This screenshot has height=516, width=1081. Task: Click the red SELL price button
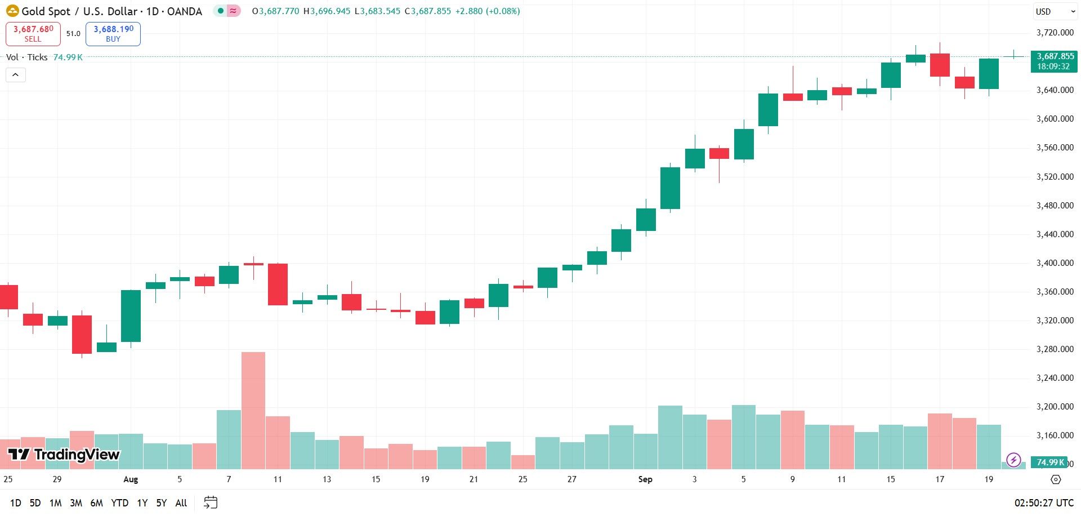[x=33, y=34]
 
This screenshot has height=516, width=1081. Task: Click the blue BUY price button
[x=113, y=34]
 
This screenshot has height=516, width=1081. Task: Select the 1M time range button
[x=55, y=502]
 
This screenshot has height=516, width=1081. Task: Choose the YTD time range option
[x=119, y=502]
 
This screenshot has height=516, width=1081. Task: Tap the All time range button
[x=181, y=502]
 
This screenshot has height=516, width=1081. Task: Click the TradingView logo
[x=64, y=455]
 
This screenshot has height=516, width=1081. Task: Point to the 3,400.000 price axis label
[x=1055, y=263]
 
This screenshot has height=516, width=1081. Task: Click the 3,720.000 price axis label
[x=1055, y=33]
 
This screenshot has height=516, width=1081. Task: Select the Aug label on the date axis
[x=131, y=479]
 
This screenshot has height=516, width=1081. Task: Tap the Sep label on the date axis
[x=645, y=479]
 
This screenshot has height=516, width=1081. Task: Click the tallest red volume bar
[x=253, y=410]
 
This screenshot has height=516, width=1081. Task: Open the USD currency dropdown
[x=1055, y=11]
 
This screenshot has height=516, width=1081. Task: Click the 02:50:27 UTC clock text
[x=1044, y=502]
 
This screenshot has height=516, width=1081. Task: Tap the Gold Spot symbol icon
[x=12, y=11]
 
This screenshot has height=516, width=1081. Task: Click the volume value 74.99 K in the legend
[x=68, y=57]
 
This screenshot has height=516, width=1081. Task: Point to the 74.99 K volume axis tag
[x=1049, y=462]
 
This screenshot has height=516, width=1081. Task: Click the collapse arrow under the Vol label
[x=16, y=75]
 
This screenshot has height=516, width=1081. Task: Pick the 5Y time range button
[x=162, y=502]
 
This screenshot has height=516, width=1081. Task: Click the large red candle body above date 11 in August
[x=278, y=284]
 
